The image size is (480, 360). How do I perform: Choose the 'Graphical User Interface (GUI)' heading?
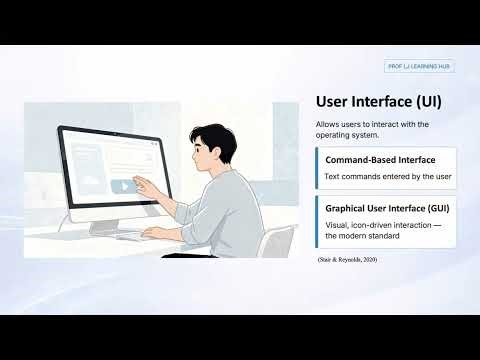(386, 209)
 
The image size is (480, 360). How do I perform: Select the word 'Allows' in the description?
(327, 124)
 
